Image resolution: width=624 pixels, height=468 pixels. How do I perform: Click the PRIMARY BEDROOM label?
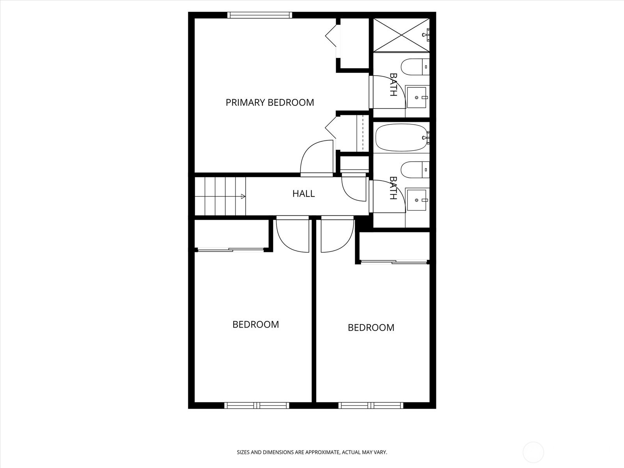tap(270, 102)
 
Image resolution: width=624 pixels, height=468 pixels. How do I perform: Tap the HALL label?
tap(303, 194)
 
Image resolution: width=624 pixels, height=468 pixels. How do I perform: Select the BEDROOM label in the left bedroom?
tap(255, 324)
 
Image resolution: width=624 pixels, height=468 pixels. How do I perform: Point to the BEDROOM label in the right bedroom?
tap(371, 328)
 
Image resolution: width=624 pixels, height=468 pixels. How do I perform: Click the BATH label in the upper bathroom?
tap(393, 85)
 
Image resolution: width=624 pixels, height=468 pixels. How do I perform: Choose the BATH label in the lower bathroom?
tap(393, 188)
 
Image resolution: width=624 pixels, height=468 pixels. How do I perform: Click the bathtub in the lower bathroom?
tap(401, 138)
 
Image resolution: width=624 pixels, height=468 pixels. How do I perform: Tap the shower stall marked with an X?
tap(401, 35)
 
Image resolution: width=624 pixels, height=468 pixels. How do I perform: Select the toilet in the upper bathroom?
tap(415, 67)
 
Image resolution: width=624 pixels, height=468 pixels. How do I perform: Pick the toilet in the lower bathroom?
tap(415, 170)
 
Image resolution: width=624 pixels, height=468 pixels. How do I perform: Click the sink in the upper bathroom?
tap(417, 97)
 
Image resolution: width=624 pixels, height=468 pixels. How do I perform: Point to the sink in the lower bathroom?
tap(417, 200)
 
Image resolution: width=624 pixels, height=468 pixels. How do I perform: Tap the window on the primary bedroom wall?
tap(260, 15)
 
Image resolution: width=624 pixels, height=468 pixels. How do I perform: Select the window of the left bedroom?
tap(257, 406)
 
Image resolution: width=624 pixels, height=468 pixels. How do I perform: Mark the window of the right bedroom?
tap(371, 406)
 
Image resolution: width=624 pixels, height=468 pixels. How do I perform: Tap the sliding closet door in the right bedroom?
tap(394, 262)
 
